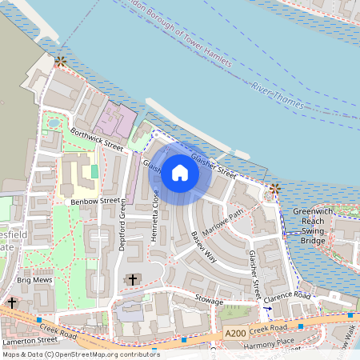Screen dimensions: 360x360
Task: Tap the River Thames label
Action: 276,94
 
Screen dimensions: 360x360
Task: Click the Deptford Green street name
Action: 123,227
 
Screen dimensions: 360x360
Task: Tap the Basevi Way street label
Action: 204,247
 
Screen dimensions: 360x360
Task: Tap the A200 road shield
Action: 235,333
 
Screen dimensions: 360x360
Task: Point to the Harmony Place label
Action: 270,345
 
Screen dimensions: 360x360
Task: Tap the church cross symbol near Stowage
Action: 132,279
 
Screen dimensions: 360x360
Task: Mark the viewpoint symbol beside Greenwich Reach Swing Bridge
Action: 274,189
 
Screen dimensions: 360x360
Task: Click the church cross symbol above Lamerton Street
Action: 13,303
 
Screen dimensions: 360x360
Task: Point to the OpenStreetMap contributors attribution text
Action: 80,354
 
